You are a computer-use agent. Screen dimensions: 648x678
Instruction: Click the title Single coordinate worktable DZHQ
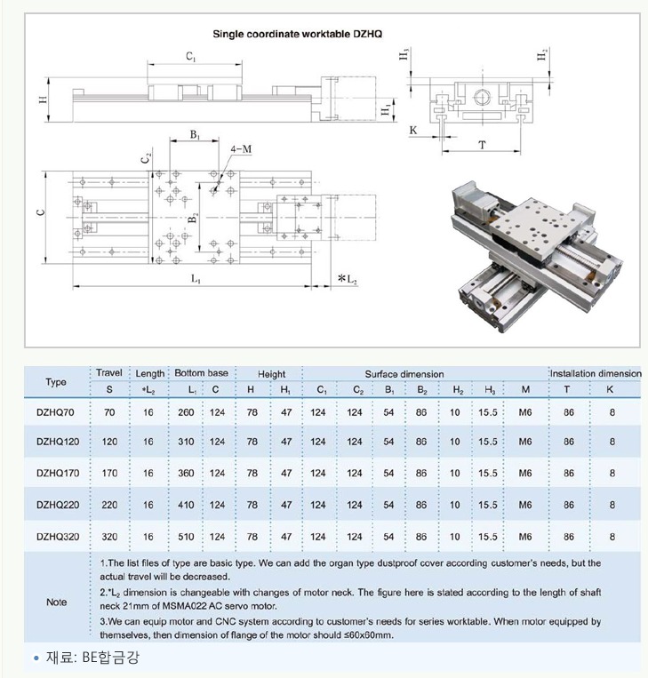[x=297, y=34]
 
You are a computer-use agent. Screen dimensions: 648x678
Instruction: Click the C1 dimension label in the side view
[x=191, y=56]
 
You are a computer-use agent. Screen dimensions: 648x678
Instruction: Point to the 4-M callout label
[x=241, y=149]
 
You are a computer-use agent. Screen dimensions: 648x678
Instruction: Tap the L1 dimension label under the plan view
[x=196, y=279]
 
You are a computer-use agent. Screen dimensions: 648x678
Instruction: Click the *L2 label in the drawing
[x=348, y=279]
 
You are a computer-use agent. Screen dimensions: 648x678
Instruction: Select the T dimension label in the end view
[x=483, y=145]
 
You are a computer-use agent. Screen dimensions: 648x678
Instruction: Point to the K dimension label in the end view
[x=413, y=130]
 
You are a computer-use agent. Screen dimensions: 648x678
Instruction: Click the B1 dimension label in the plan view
[x=195, y=135]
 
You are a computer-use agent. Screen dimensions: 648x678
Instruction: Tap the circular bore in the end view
[x=481, y=97]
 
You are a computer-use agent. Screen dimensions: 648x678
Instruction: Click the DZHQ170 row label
[x=58, y=473]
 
